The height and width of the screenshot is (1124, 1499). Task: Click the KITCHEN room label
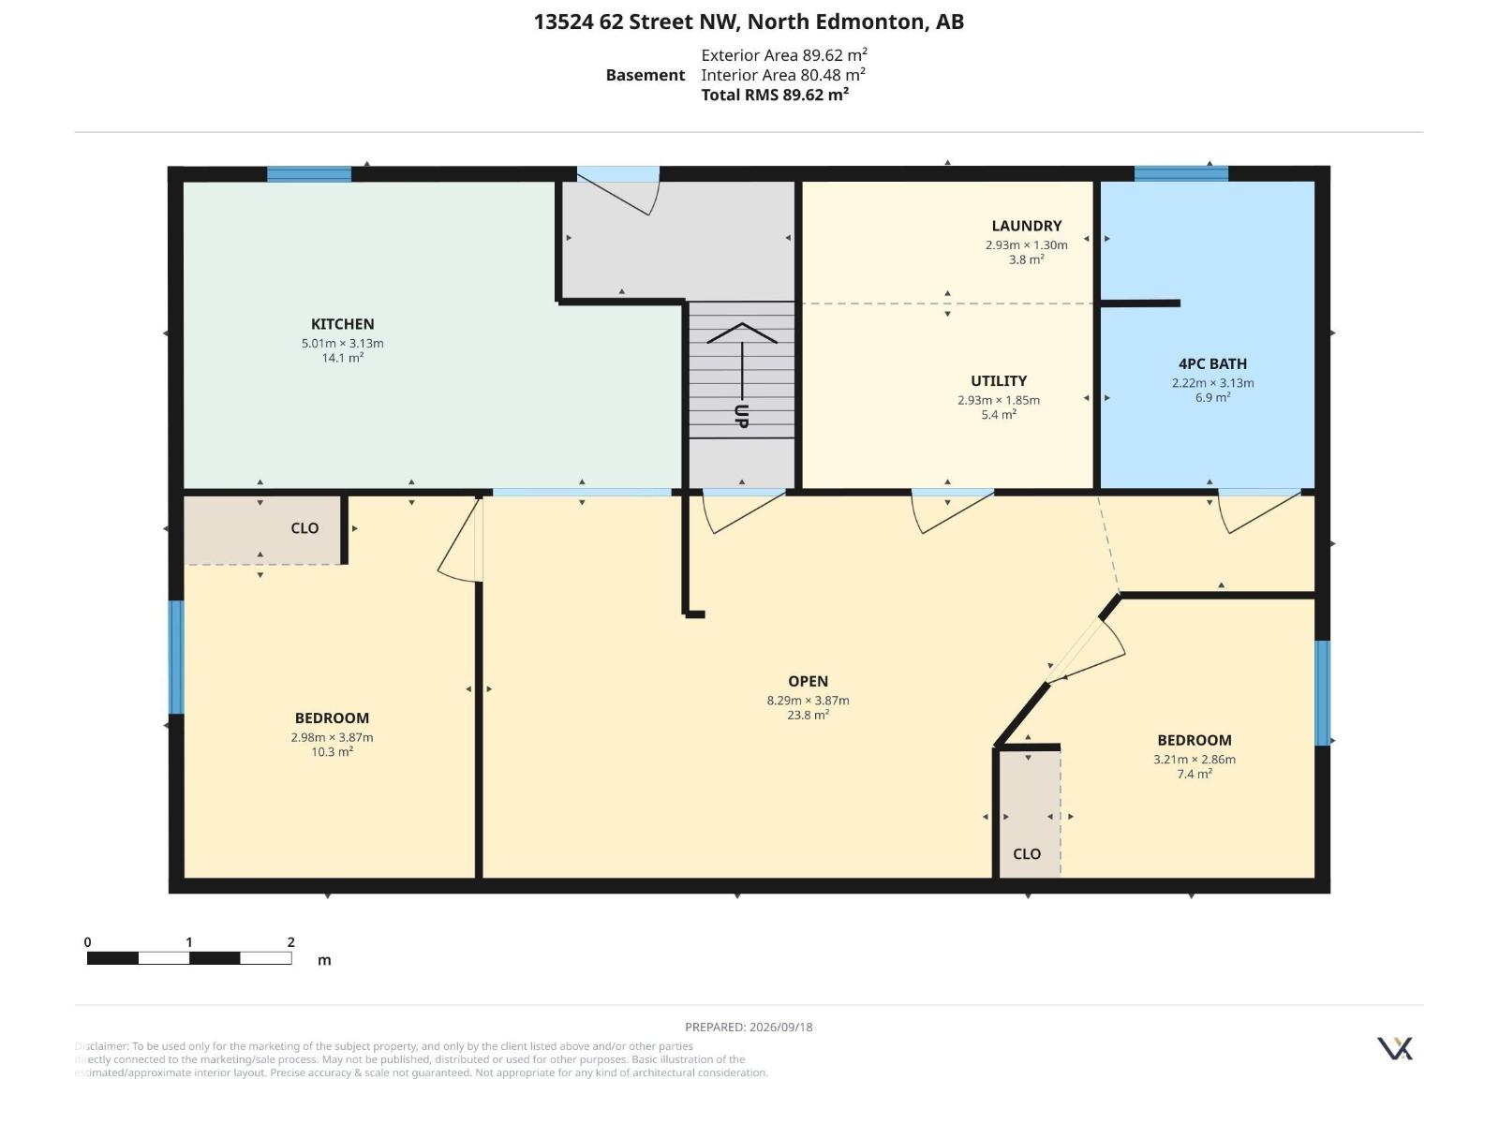(x=342, y=324)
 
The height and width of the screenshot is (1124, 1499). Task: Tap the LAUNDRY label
(x=1027, y=226)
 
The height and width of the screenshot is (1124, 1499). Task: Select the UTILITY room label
(x=999, y=381)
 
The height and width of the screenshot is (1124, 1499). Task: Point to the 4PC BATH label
(x=1212, y=363)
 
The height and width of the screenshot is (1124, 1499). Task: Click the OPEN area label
(x=808, y=681)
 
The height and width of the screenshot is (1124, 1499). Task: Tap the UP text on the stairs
(x=742, y=416)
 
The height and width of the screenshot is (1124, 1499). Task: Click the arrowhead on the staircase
(x=742, y=333)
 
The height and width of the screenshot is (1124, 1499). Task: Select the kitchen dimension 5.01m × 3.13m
(x=342, y=343)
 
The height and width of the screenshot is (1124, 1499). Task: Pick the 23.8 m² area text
(x=808, y=715)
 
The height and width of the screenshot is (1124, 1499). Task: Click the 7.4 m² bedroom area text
(x=1195, y=774)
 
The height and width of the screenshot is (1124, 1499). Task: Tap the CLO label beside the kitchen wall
(x=304, y=528)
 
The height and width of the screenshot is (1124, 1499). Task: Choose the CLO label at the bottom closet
(x=1027, y=853)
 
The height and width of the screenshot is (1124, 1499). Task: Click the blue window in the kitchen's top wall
(x=308, y=174)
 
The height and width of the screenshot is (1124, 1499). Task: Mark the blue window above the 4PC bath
(x=1180, y=174)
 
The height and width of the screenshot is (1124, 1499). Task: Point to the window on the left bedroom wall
(x=176, y=658)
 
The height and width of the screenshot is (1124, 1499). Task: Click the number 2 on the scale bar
(x=291, y=941)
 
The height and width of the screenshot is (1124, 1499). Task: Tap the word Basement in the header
(x=645, y=75)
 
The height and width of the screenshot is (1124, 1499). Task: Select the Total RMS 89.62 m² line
(x=775, y=95)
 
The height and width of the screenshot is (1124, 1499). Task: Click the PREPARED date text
(x=749, y=1027)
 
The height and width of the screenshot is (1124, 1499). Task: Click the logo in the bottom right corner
(x=1394, y=1048)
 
